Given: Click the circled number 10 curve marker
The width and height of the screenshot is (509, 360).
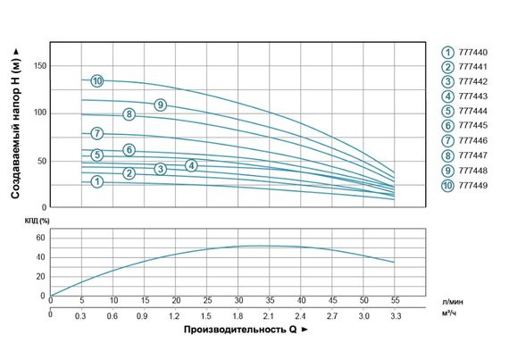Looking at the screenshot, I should [x=97, y=81].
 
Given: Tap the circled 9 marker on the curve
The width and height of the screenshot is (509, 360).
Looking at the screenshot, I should [x=160, y=105].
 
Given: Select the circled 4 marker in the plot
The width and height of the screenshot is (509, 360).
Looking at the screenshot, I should [x=191, y=165].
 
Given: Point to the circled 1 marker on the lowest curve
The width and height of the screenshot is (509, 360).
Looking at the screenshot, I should [x=97, y=181].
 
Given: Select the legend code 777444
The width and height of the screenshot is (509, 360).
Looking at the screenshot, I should [x=471, y=111].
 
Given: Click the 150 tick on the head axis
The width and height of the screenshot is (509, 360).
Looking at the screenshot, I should [x=40, y=66].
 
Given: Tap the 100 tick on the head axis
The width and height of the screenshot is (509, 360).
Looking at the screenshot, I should [x=40, y=113].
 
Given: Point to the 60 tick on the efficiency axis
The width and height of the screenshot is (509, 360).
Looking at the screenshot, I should [x=39, y=239].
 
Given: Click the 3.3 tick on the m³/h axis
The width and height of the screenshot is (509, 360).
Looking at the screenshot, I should [x=394, y=316].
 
